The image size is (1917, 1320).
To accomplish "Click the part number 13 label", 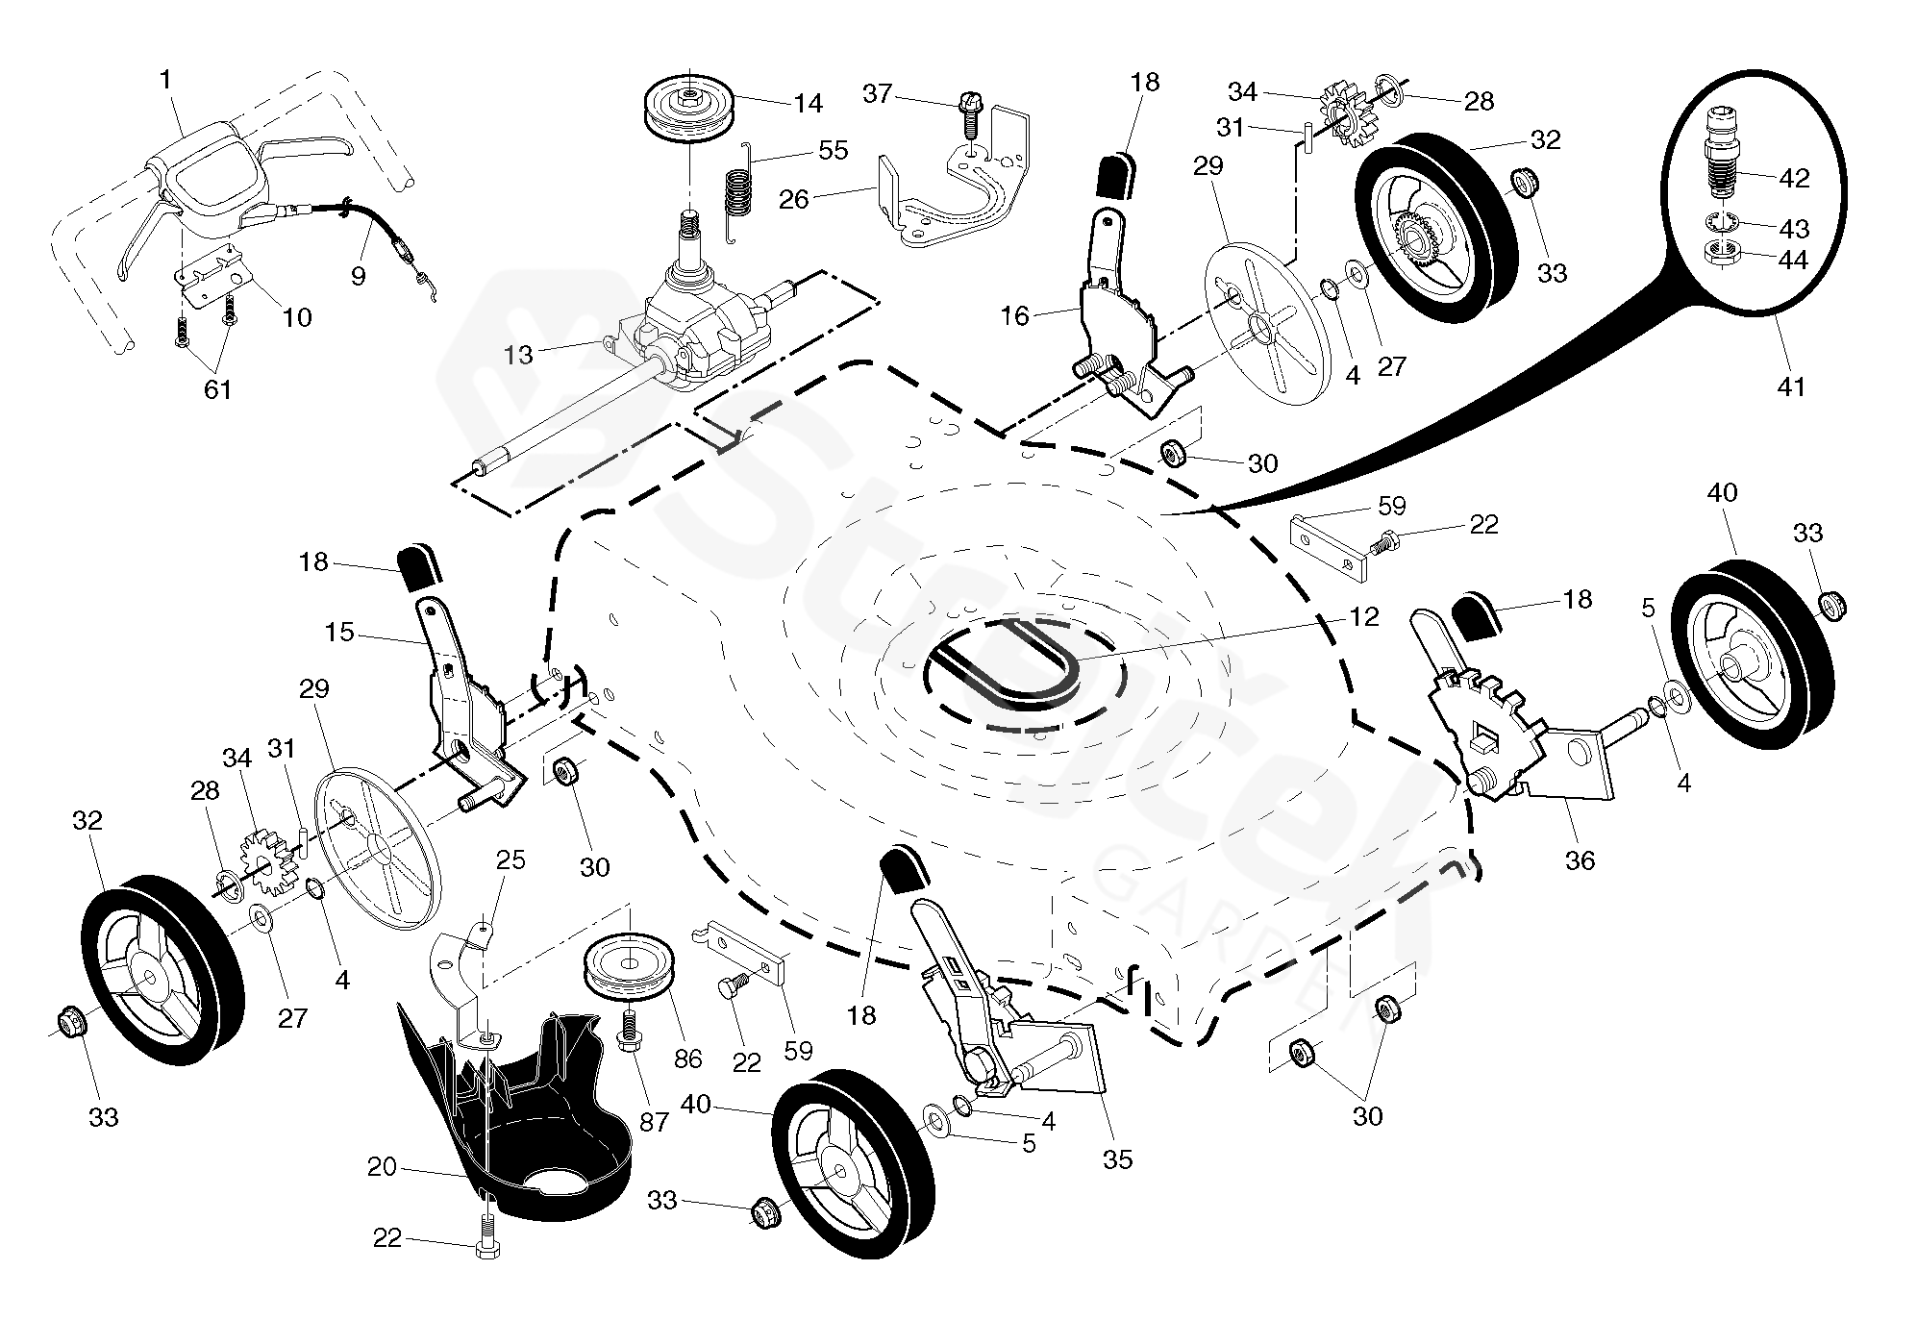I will pos(518,356).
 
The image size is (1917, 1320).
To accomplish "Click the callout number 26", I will pos(793,200).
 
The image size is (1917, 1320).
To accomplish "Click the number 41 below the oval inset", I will pos(1792,386).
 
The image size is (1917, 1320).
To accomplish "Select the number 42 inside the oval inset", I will pos(1794,178).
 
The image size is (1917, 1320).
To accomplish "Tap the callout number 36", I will pos(1580,859).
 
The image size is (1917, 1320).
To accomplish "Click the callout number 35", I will pos(1117,1159).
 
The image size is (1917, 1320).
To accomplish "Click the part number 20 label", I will pos(382,1166).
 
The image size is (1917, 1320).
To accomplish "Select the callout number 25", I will pos(510,859).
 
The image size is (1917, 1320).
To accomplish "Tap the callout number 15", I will pos(340,633).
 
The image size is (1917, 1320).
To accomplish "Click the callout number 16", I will pos(1014,315).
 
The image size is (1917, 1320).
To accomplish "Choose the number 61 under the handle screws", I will pos(217,389).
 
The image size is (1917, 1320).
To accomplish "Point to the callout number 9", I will pos(358,277).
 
